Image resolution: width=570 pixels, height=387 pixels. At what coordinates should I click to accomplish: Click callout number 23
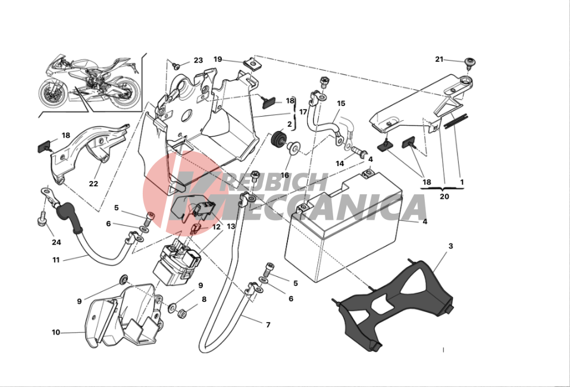198,60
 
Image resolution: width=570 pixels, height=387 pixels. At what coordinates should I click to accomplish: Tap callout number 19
218,60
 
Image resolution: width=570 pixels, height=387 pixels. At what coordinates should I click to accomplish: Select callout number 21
440,60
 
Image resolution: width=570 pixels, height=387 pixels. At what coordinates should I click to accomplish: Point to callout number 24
57,242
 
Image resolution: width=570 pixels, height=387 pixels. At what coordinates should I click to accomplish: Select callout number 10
56,332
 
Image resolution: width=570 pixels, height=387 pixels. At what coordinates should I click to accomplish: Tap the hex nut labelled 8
182,313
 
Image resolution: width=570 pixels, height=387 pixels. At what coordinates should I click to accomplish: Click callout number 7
268,325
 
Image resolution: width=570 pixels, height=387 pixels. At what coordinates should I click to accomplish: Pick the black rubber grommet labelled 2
280,139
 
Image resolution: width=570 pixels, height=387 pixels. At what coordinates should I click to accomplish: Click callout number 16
284,175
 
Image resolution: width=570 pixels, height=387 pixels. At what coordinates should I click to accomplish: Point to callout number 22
93,184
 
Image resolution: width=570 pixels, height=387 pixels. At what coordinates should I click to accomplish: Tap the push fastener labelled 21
471,63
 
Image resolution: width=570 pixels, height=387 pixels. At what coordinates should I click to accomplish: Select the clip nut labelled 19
250,65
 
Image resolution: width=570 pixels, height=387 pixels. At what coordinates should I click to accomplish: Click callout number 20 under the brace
444,196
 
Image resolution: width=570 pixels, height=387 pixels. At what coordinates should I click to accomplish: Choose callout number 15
341,104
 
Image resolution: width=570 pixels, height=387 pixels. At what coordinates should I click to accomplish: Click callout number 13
231,226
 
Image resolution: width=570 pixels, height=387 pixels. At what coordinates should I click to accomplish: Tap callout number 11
56,260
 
